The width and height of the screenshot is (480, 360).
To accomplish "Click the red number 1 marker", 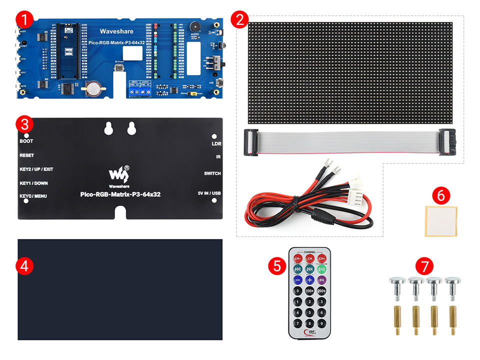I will tap(24, 20).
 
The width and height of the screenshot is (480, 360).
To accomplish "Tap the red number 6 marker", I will tap(440, 194).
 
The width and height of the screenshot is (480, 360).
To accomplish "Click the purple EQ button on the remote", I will tap(321, 280).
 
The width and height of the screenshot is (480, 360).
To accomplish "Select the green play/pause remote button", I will tap(321, 269).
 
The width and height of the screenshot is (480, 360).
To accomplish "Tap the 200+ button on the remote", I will tap(321, 291).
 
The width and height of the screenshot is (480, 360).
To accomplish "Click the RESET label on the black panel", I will tap(26, 155).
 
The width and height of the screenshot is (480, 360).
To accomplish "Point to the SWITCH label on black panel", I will tap(212, 173).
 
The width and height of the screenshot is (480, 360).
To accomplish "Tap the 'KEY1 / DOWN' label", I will tap(33, 183).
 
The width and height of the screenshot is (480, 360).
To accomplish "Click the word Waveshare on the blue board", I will tap(113, 31).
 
